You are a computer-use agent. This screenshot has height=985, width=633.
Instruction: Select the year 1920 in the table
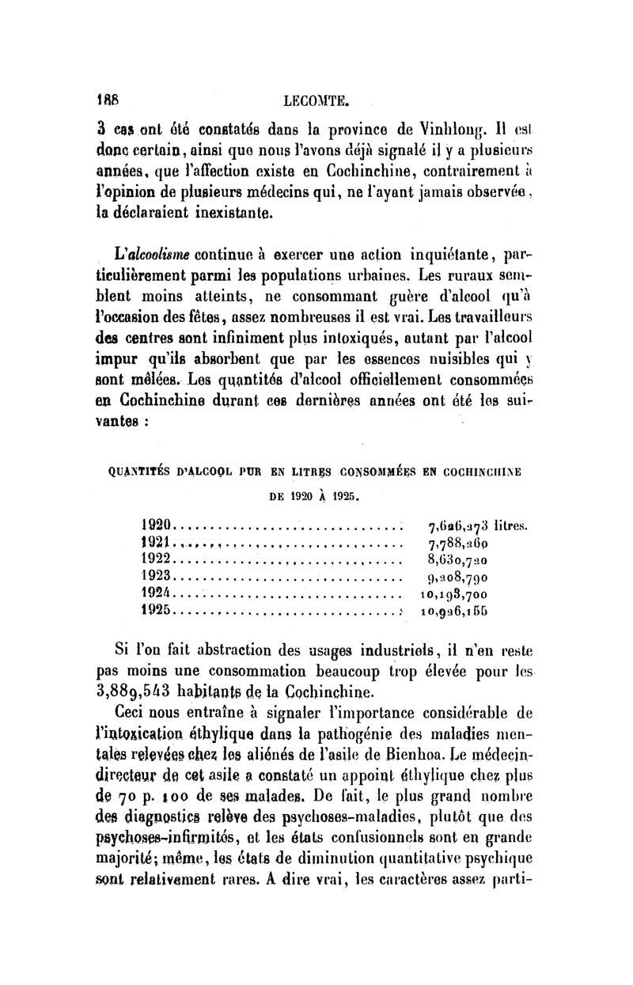[156, 525]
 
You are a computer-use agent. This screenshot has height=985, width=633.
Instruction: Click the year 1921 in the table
[156, 542]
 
